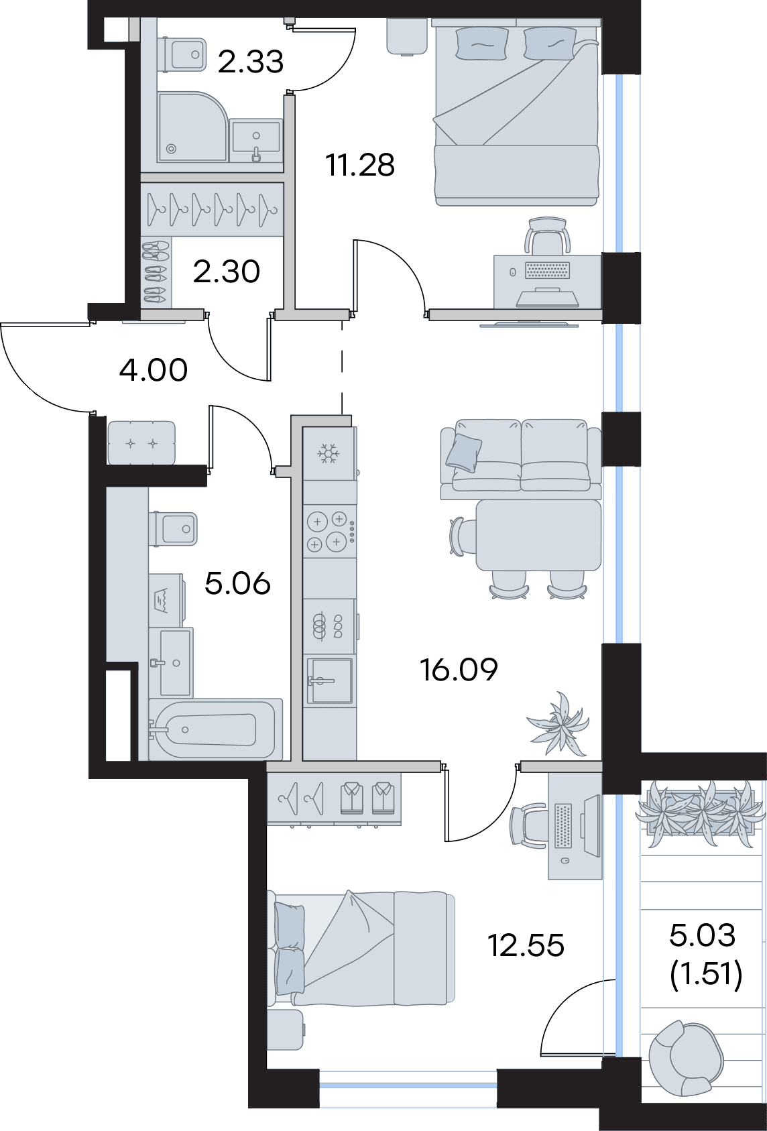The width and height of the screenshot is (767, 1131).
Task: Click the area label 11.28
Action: point(360,165)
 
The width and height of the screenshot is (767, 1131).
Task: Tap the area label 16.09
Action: point(459,670)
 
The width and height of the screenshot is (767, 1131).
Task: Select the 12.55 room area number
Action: point(526,945)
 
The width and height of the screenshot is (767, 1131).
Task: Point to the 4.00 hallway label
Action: point(154,370)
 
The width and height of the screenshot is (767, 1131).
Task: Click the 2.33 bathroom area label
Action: point(251,62)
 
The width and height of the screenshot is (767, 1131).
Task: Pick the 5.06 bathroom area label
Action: point(237,584)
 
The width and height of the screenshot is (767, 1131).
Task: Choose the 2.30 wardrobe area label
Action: point(226,272)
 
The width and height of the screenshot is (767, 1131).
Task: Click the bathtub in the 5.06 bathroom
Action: point(216,729)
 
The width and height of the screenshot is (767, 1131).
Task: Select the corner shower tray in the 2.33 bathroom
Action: point(192,127)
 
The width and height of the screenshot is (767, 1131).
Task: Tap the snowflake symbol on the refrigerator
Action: point(329,454)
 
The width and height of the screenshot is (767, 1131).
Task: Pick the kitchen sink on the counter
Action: point(329,680)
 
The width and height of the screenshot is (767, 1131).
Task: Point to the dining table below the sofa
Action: point(539,535)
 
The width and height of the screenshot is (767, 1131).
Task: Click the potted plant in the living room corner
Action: point(558,723)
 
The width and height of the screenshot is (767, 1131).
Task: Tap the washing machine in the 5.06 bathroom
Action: point(166,600)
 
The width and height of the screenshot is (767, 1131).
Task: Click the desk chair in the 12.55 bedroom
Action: point(529,825)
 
